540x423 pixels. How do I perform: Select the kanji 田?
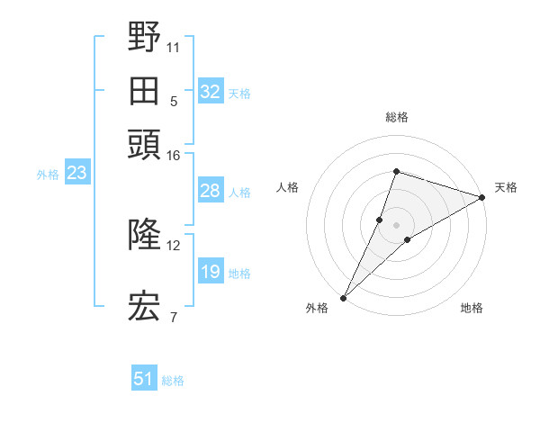pyautogui.click(x=144, y=91)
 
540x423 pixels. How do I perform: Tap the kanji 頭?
pyautogui.click(x=144, y=144)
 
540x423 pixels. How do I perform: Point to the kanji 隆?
pyautogui.click(x=144, y=235)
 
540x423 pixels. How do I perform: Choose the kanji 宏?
pyautogui.click(x=144, y=305)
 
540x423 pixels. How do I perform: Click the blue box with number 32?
pyautogui.click(x=211, y=92)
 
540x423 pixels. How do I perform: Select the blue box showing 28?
pyautogui.click(x=211, y=191)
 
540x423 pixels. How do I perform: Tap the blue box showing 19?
pyautogui.click(x=211, y=272)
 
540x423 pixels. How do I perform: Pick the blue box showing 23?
pyautogui.click(x=76, y=174)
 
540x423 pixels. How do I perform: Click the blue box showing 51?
pyautogui.click(x=144, y=379)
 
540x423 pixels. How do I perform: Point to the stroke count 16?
pyautogui.click(x=174, y=156)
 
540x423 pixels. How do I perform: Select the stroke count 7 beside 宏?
pyautogui.click(x=174, y=316)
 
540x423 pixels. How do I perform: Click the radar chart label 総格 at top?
pyautogui.click(x=396, y=117)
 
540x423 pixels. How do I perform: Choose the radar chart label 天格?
pyautogui.click(x=506, y=187)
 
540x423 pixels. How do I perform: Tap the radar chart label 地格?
pyautogui.click(x=472, y=309)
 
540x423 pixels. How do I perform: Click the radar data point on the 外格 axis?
pyautogui.click(x=343, y=298)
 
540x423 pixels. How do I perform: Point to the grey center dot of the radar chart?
pyautogui.click(x=396, y=224)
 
